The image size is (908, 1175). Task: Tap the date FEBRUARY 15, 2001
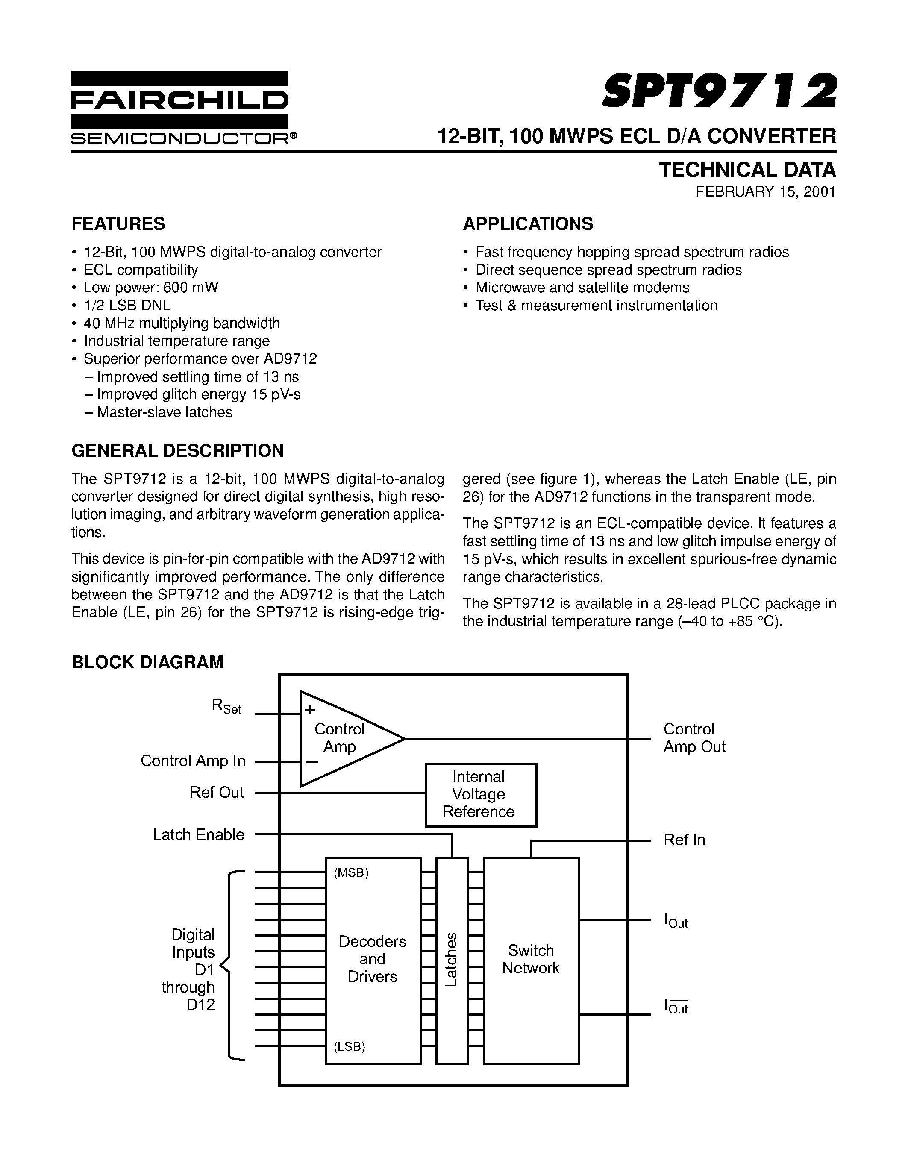(765, 192)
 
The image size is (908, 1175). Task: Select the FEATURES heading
(118, 224)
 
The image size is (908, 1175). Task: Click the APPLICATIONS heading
(528, 224)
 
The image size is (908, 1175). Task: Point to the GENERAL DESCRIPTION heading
(177, 451)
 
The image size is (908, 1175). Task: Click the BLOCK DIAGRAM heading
(147, 662)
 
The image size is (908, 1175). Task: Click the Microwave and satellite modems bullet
(582, 287)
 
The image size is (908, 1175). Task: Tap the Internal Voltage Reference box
(480, 794)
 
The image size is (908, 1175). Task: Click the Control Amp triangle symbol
(344, 738)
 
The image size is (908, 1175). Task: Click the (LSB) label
(350, 1046)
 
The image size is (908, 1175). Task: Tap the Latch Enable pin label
(199, 834)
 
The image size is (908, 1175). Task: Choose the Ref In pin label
(684, 840)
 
